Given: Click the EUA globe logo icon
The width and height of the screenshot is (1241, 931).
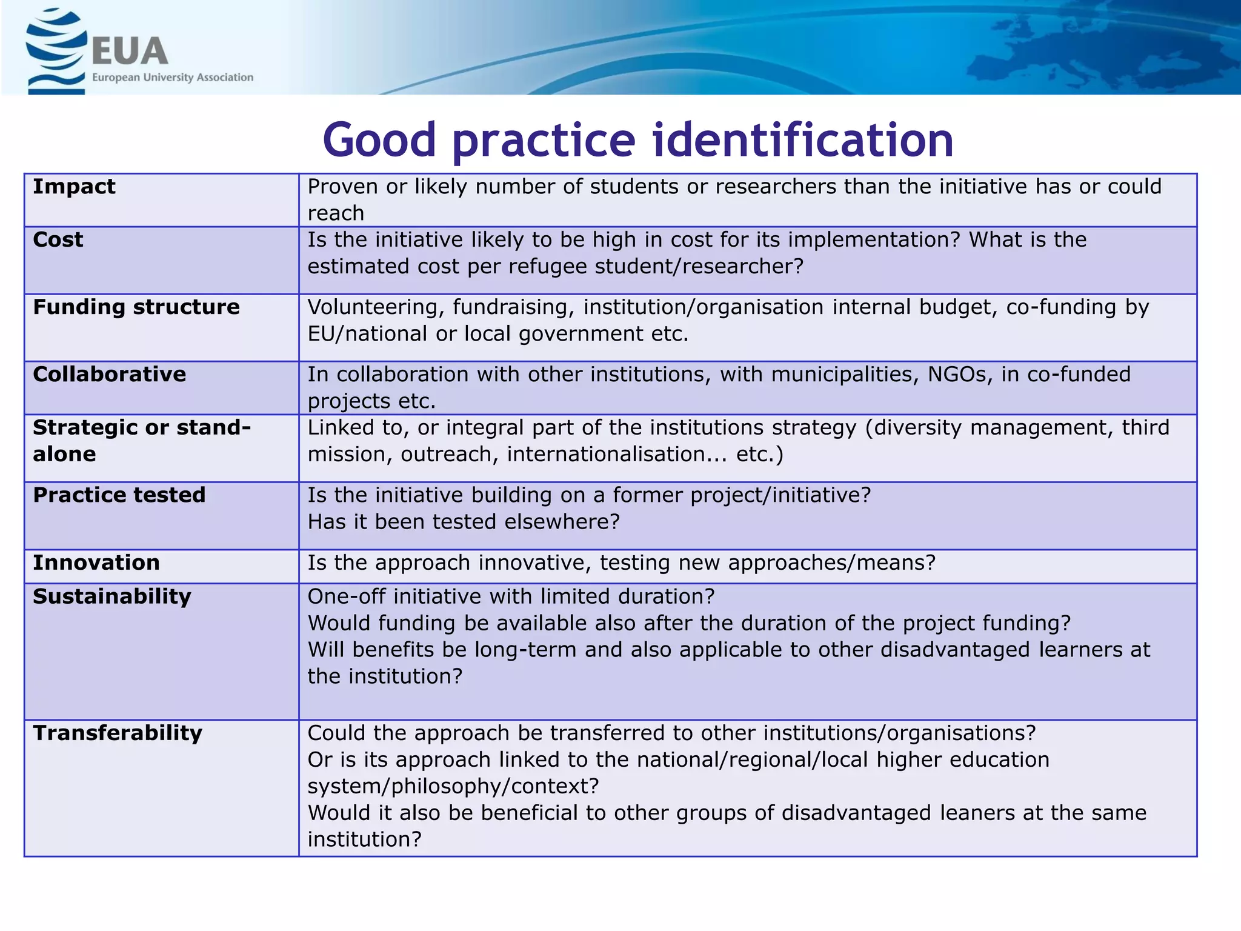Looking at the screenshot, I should tap(55, 52).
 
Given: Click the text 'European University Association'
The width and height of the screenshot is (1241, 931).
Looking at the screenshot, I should tap(173, 78).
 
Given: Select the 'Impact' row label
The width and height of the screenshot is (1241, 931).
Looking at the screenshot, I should tap(74, 187).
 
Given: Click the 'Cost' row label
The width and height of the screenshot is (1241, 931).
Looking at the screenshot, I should tap(58, 240).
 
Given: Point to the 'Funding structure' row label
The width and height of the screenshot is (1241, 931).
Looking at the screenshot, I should tap(136, 307).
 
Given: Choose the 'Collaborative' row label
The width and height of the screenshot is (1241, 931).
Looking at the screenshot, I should tap(110, 375).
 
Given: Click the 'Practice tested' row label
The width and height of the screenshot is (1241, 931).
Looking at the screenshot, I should tap(119, 495).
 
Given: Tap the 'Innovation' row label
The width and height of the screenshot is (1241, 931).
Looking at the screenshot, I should tap(96, 563).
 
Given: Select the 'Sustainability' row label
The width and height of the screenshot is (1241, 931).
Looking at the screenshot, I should tap(112, 597).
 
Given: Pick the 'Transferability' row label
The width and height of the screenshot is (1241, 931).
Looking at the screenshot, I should tap(118, 733).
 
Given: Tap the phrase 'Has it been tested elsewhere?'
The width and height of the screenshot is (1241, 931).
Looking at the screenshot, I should tap(464, 522).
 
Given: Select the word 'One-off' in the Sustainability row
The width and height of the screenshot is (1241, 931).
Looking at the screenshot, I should tap(346, 597).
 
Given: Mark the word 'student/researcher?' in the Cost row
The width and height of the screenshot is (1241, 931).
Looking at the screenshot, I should tap(699, 267).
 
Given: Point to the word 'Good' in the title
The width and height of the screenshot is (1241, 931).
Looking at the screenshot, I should tap(379, 140).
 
